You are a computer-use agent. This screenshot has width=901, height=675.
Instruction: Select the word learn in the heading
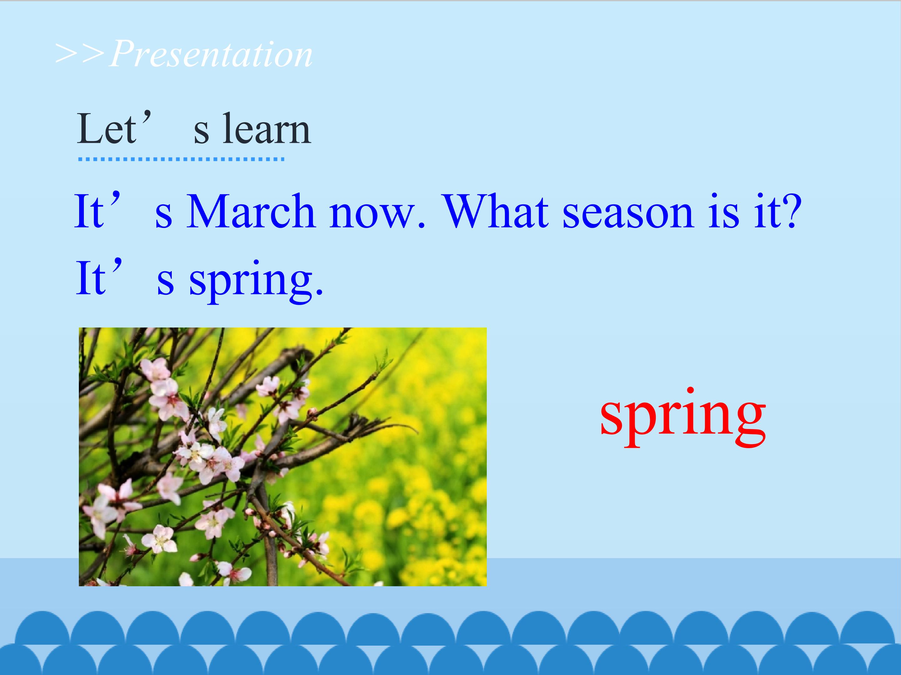coord(267,129)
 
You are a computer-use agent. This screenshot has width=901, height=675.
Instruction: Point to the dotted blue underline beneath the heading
coord(181,159)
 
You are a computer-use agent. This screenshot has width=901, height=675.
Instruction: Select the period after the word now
coord(421,224)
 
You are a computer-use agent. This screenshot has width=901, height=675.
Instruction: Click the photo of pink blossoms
coord(283,457)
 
